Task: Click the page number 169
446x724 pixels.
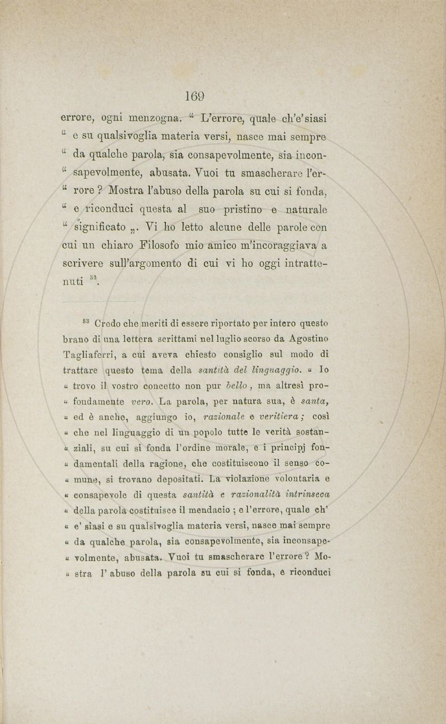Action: pyautogui.click(x=196, y=96)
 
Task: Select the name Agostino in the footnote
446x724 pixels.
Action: pyautogui.click(x=310, y=338)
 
